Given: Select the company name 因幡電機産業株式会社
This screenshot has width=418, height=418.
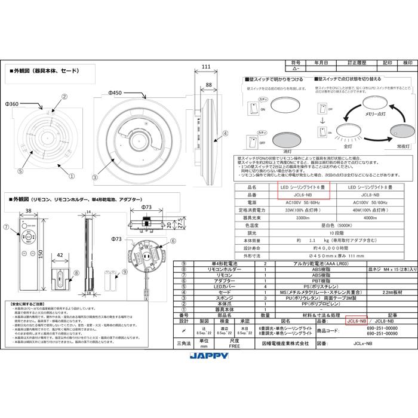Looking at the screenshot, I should click(278, 344).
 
